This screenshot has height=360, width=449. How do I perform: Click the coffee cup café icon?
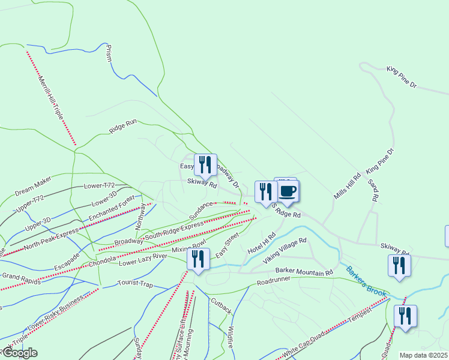(x=288, y=191)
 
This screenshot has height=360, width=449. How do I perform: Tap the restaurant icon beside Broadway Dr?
(x=205, y=164)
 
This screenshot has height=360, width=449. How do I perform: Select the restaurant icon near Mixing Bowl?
(x=198, y=259)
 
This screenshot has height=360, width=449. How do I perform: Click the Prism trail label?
(x=109, y=52)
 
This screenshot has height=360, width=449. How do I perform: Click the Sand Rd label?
(x=373, y=190)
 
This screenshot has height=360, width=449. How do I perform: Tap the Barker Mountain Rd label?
(x=304, y=272)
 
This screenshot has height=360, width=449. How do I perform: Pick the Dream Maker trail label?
(x=34, y=185)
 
